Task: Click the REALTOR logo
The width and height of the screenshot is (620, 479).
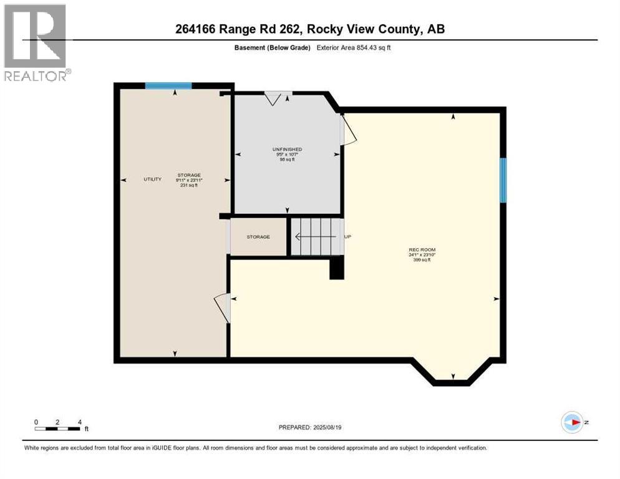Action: tap(37, 42)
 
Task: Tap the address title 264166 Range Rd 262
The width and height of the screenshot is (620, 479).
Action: tap(310, 29)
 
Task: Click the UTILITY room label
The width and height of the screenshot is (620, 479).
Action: tap(153, 180)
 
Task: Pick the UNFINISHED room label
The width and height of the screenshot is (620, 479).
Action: tap(287, 150)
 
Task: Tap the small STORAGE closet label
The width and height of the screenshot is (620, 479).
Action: tap(258, 237)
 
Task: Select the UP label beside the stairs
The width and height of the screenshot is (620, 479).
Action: tap(349, 237)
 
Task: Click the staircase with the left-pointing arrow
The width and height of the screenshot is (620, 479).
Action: tap(317, 236)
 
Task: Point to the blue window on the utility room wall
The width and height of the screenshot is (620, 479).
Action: tap(168, 86)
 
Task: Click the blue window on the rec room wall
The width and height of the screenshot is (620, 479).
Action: tap(503, 180)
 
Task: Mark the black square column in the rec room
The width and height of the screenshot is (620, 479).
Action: tap(336, 269)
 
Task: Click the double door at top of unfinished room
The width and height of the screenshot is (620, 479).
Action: tap(278, 97)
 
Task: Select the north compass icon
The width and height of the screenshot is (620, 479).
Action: tap(572, 422)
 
